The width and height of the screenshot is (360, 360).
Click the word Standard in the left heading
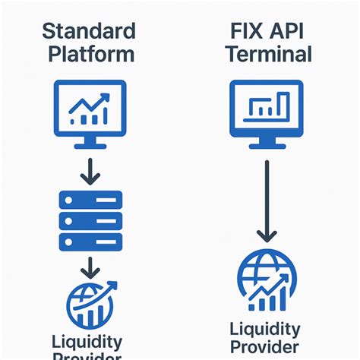(x=90, y=31)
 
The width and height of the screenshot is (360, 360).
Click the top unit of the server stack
(x=90, y=200)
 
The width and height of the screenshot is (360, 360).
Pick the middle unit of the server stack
(x=90, y=219)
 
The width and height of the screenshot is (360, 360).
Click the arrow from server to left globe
(x=90, y=267)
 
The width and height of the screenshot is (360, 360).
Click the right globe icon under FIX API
(x=262, y=282)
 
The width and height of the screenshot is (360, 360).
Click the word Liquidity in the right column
(x=264, y=330)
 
